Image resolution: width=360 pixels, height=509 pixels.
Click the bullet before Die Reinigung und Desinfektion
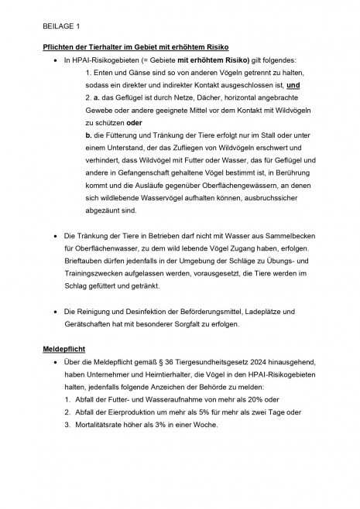(54, 312)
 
